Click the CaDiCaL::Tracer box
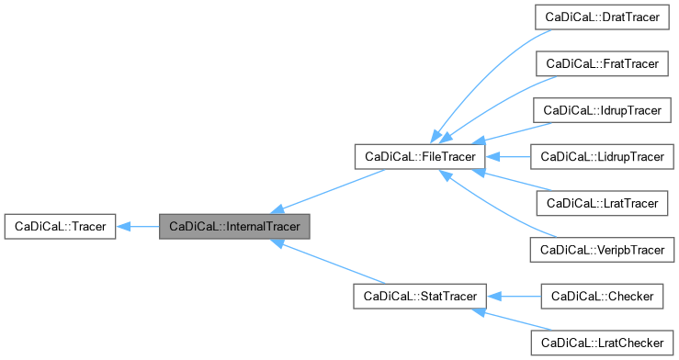pyautogui.click(x=60, y=226)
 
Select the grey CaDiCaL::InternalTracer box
pyautogui.click(x=234, y=226)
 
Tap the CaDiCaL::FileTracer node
pyautogui.click(x=419, y=157)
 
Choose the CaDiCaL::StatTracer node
pyautogui.click(x=419, y=296)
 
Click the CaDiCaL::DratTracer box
pyautogui.click(x=602, y=18)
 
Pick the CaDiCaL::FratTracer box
pyautogui.click(x=602, y=64)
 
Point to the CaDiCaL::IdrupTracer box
pyautogui.click(x=602, y=110)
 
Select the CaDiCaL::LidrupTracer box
pyautogui.click(x=602, y=157)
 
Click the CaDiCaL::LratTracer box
pyautogui.click(x=602, y=203)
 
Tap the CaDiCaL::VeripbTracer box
pyautogui.click(x=602, y=249)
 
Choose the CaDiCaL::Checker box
pyautogui.click(x=602, y=296)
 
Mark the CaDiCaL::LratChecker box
pyautogui.click(x=602, y=342)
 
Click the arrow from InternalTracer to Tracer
pyautogui.click(x=138, y=226)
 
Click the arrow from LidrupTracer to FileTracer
pyautogui.click(x=510, y=157)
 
